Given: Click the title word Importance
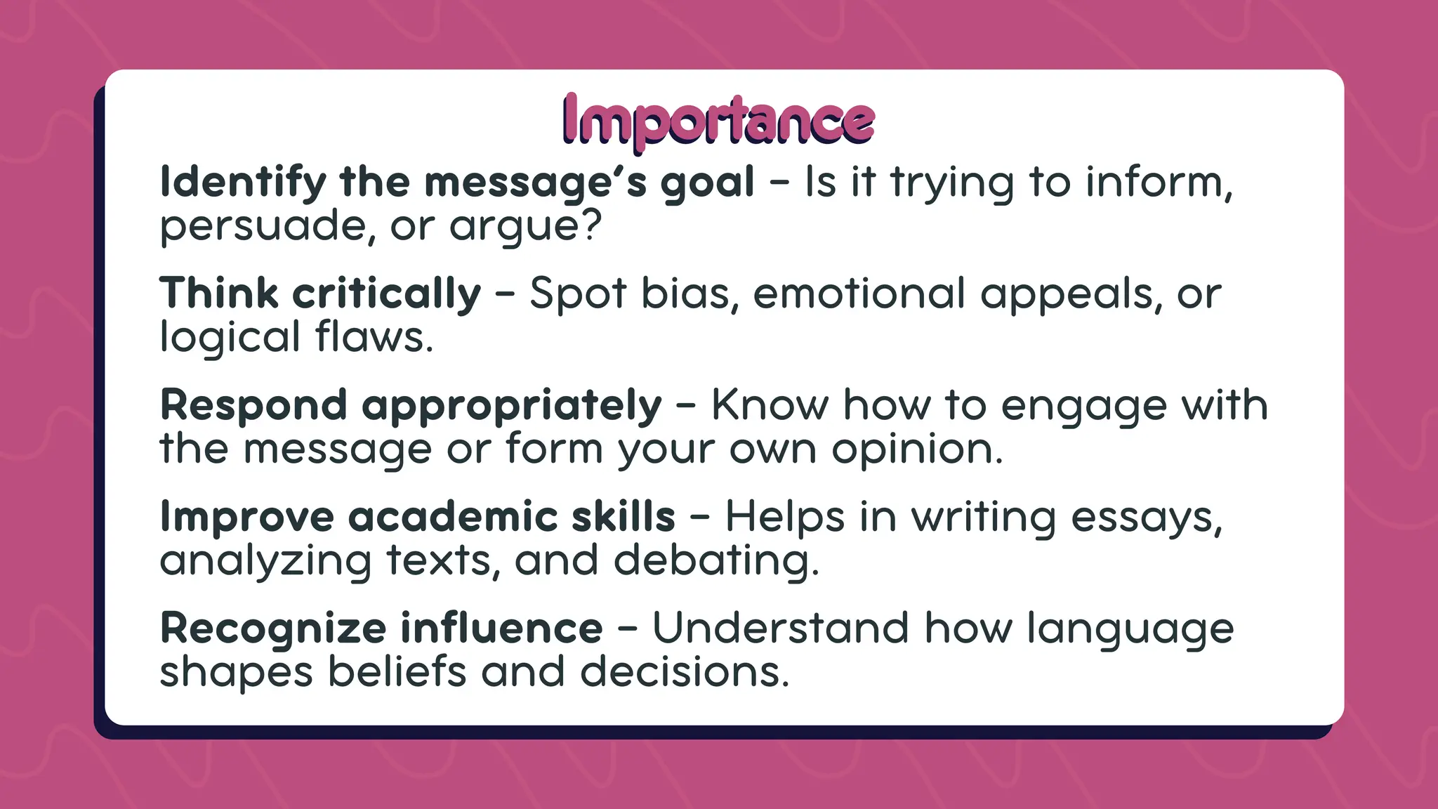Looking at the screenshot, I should tap(718, 121).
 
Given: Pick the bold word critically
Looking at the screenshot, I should tap(387, 294).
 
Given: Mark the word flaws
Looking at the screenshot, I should tap(374, 337).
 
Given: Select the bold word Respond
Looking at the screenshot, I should tap(253, 406).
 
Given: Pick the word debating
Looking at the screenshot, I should tap(716, 561).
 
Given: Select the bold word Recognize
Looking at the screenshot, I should tap(273, 629).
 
